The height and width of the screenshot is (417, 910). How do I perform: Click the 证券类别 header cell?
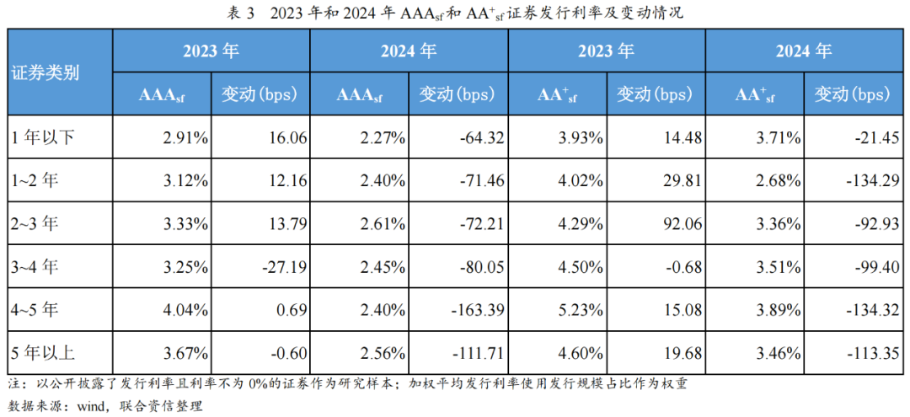click(45, 72)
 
